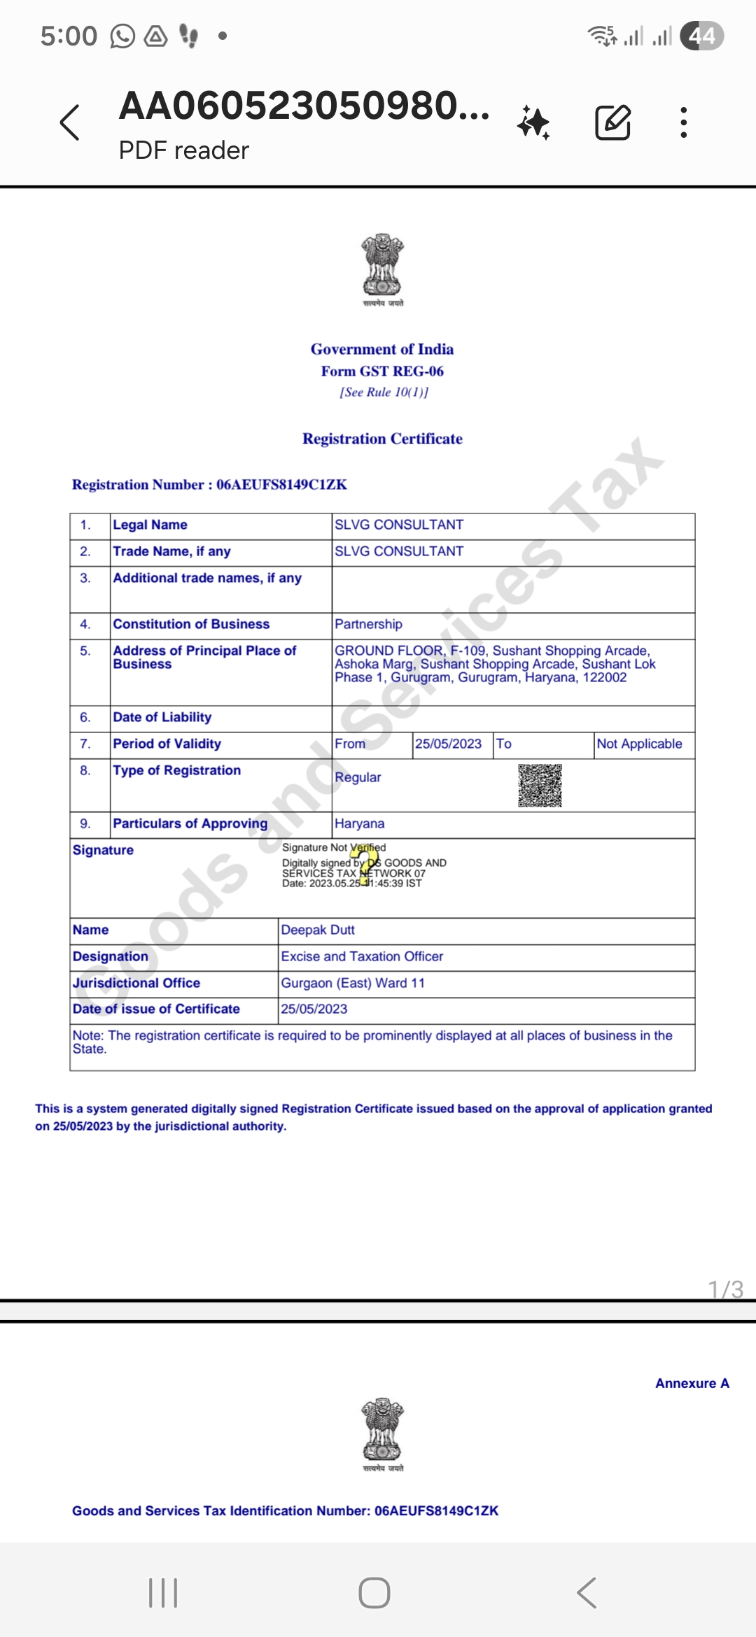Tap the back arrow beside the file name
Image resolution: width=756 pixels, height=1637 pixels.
coord(70,123)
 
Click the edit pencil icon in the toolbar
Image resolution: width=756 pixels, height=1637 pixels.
coord(612,123)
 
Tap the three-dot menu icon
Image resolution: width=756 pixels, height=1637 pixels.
coord(684,123)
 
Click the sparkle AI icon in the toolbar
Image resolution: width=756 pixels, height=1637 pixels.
coord(534,123)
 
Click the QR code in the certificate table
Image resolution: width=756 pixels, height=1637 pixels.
coord(540,786)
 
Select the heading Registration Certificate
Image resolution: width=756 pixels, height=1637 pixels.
coord(382,439)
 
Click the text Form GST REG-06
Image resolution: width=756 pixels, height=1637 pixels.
coord(382,371)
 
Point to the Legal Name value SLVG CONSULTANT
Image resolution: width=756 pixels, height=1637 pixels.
coord(399,525)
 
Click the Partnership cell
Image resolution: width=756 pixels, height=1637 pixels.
coord(368,624)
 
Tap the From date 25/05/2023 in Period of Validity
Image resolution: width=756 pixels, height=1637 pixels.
coord(448,744)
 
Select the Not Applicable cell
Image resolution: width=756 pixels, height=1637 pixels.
coord(639,744)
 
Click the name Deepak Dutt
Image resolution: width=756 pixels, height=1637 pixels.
coord(318,930)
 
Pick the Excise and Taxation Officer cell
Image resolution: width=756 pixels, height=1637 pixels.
coord(362,957)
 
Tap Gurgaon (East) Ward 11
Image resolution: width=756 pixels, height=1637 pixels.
coord(353,984)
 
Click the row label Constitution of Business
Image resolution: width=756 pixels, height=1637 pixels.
coord(191,624)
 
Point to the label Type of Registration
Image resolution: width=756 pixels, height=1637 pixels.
coord(176,771)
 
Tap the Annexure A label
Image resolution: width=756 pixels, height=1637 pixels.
coord(692,1384)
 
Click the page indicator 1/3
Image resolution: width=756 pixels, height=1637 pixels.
coord(725,1289)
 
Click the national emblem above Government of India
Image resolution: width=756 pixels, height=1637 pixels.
coord(383,266)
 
